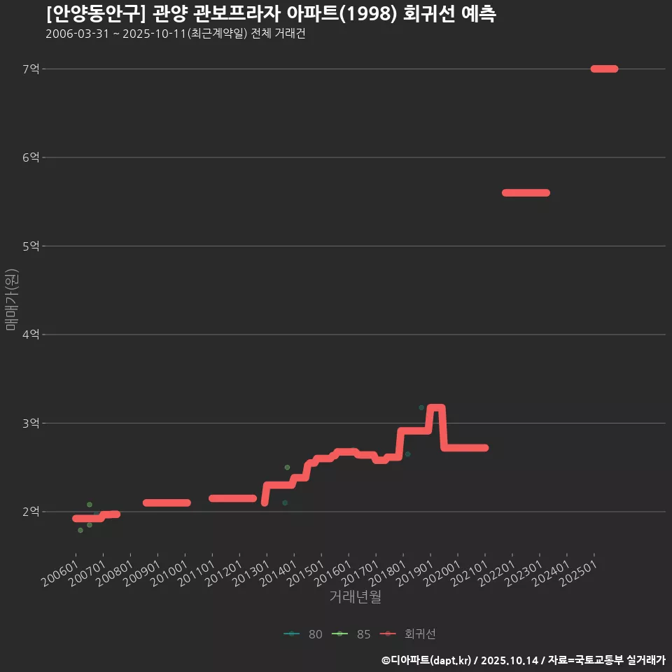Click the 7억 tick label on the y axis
[x=31, y=69]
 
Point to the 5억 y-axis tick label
[x=31, y=246]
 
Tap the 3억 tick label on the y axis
[x=31, y=423]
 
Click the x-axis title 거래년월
[x=355, y=597]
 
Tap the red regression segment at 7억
[x=604, y=69]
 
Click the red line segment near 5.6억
[x=526, y=192]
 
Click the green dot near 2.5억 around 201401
[x=287, y=467]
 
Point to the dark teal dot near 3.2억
[x=421, y=407]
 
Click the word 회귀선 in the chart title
[x=427, y=15]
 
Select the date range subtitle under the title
[x=175, y=34]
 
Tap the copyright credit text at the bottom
[x=524, y=660]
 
